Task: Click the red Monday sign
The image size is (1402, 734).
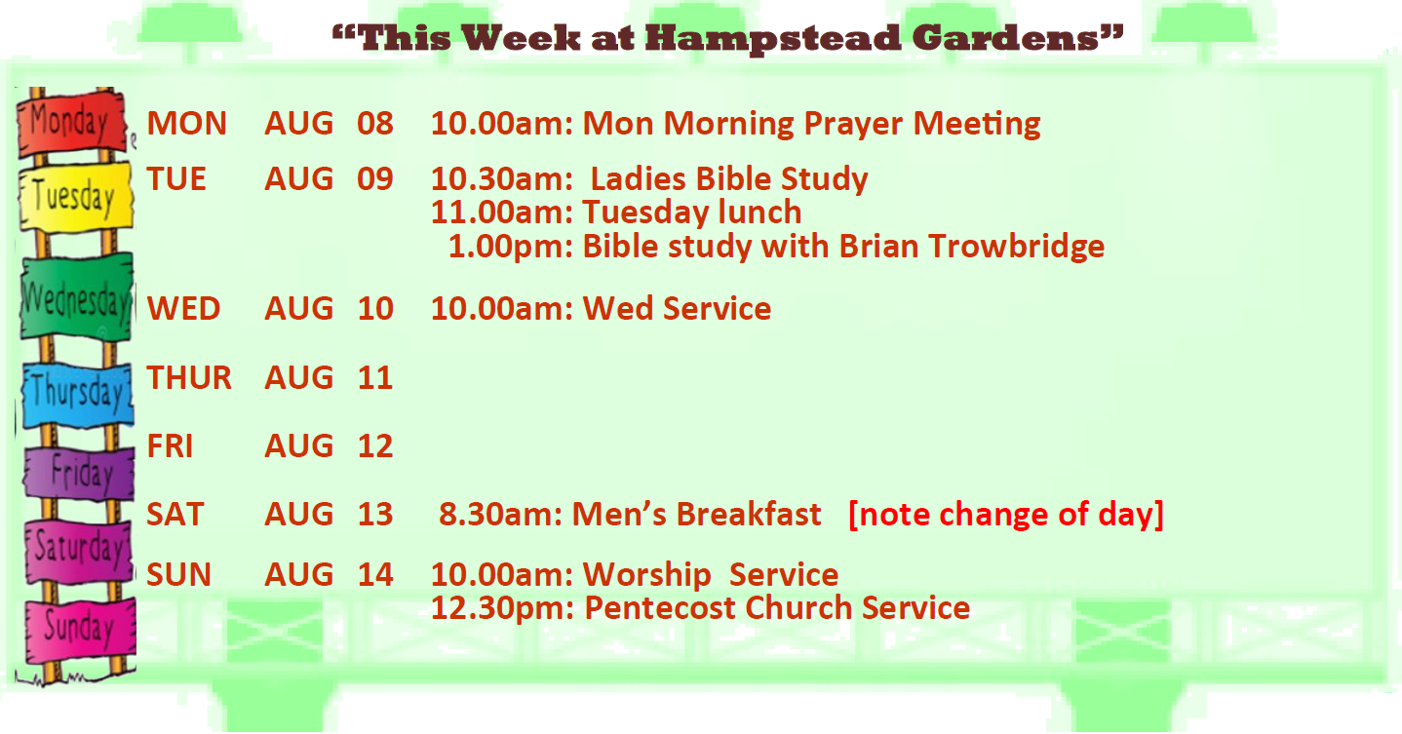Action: (71, 123)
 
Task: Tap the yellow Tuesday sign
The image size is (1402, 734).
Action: (76, 197)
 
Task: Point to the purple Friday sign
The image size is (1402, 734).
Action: (79, 473)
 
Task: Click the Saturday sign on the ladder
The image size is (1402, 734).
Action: (79, 551)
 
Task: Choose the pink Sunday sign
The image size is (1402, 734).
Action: (80, 629)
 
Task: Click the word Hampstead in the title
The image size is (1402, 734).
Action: (772, 40)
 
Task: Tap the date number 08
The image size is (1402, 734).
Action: (375, 123)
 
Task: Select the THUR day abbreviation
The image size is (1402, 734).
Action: (189, 378)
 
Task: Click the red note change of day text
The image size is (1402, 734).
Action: (1006, 515)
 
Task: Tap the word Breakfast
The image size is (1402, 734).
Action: (749, 514)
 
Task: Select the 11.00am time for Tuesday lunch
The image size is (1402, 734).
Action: (502, 212)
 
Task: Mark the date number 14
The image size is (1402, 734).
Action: (375, 574)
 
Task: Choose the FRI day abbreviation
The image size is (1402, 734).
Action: (170, 446)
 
